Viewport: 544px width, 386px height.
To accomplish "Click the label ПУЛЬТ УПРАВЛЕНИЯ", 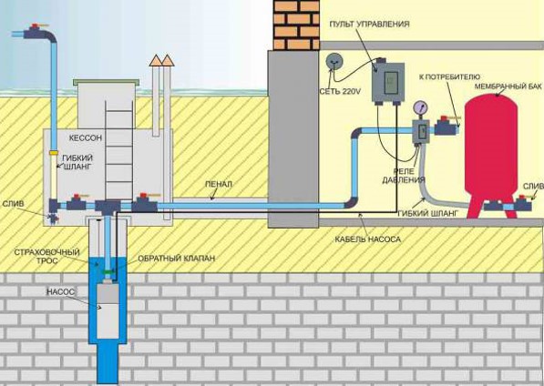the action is (369, 24).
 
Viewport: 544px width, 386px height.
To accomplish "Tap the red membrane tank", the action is (490, 149).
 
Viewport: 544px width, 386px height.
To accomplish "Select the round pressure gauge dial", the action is (420, 107).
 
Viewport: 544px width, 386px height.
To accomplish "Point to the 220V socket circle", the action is (334, 61).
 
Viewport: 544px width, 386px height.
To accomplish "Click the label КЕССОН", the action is (86, 137).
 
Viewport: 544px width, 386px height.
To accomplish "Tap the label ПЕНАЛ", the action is (218, 184).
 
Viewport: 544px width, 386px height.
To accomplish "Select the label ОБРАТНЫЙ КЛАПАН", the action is (176, 259).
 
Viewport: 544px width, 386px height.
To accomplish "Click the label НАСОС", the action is (60, 292).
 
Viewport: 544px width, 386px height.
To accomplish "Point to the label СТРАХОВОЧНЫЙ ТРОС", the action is (46, 256).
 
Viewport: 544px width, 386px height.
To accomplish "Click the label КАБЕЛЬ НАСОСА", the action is (368, 239).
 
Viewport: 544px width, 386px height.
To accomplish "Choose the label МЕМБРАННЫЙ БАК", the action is (508, 86).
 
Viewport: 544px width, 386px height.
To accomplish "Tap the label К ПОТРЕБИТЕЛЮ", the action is (449, 76).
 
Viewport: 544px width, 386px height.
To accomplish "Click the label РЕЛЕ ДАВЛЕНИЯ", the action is (404, 176).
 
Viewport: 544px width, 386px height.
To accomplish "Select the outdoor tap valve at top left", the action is (35, 32).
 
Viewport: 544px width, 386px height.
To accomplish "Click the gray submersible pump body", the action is (108, 311).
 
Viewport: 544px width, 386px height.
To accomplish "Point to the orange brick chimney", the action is (297, 25).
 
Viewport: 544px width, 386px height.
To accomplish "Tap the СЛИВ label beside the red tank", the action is (532, 187).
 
